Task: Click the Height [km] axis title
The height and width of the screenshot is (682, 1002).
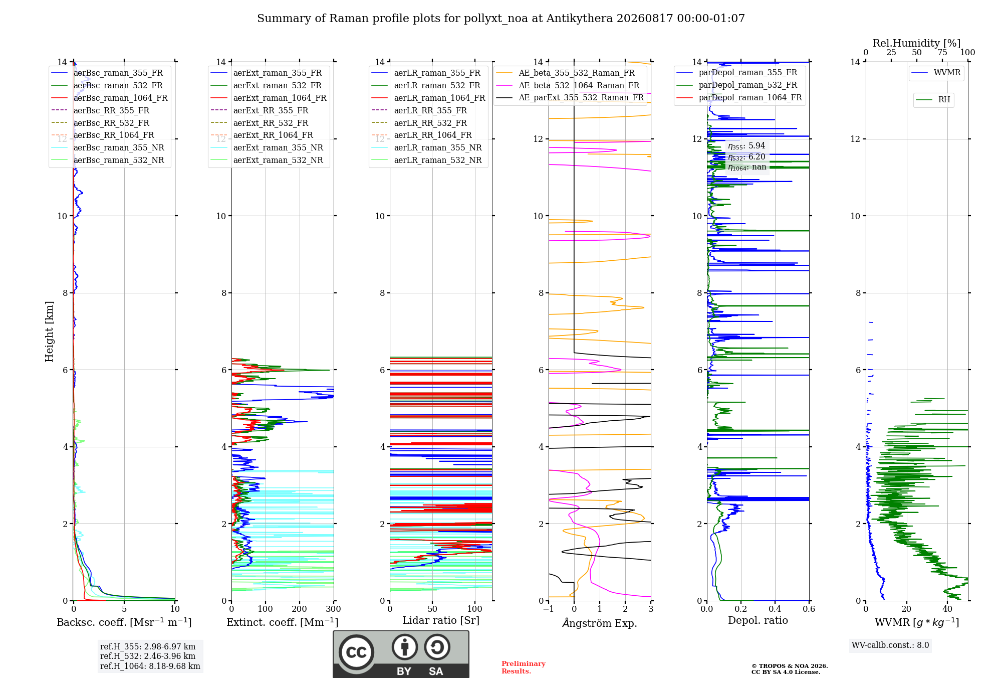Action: [x=49, y=331]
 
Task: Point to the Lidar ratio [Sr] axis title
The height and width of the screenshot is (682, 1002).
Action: [x=441, y=620]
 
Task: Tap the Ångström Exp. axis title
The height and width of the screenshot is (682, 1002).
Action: [x=600, y=623]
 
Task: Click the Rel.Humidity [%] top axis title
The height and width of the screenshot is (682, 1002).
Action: [x=917, y=43]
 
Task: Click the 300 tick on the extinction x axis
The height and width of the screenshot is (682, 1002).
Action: [x=333, y=609]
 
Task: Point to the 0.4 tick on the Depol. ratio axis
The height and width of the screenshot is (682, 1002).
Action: [x=775, y=609]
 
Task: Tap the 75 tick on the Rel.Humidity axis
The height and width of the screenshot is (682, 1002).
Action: [x=942, y=53]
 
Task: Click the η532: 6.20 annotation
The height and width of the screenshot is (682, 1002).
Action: [x=746, y=157]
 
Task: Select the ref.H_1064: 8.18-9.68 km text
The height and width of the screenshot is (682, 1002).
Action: [x=150, y=666]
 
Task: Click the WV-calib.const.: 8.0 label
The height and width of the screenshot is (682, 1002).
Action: [x=890, y=645]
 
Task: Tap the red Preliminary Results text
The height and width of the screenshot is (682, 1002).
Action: [x=524, y=667]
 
